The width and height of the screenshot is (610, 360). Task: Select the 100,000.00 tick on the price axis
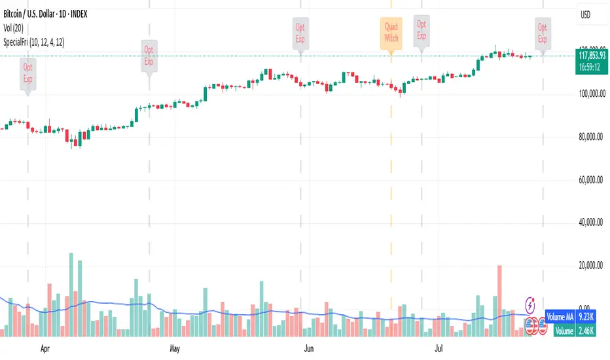coord(592,94)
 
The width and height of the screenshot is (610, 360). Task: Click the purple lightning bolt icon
coord(531,305)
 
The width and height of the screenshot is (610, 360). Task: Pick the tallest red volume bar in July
coord(500,300)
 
